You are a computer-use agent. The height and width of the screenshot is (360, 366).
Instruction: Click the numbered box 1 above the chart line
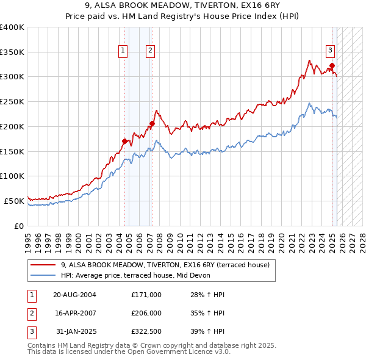click(123, 51)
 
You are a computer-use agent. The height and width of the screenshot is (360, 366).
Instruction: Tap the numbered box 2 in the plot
click(149, 51)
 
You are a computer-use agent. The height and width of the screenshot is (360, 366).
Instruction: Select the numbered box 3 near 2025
click(330, 51)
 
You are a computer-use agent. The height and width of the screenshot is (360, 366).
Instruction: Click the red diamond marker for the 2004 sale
click(124, 141)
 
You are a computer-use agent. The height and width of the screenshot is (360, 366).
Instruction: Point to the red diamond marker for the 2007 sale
click(152, 124)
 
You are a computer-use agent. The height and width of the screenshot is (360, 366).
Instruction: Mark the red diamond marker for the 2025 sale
click(332, 65)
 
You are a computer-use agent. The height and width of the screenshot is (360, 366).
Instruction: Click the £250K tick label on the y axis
click(12, 101)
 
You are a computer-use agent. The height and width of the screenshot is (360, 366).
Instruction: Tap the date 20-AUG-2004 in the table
click(74, 295)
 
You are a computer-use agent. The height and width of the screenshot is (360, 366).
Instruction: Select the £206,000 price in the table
click(146, 314)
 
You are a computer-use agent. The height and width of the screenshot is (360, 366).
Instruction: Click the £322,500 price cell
click(146, 333)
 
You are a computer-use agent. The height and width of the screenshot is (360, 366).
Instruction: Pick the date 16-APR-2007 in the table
click(74, 314)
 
